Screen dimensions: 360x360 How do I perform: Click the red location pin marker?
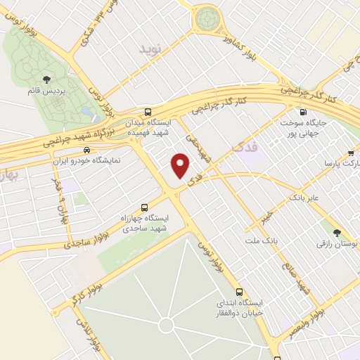coord(181,165)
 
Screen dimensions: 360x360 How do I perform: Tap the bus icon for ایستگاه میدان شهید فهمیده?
coord(147,112)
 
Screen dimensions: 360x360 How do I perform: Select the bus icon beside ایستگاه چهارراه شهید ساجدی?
coord(144,207)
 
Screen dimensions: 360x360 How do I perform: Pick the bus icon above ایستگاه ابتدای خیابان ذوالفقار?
coord(239,291)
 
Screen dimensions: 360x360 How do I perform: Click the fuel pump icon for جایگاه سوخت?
coord(303,112)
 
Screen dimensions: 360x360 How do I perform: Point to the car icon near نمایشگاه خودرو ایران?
coord(86,150)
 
